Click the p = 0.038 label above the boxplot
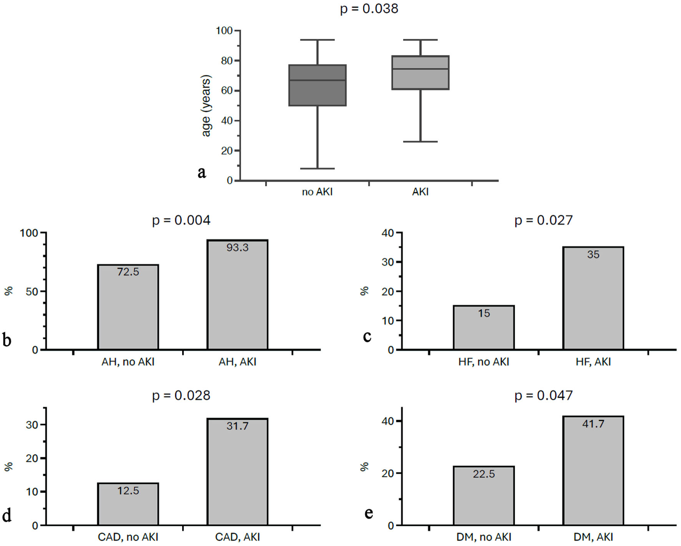pyautogui.click(x=369, y=8)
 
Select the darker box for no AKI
pyautogui.click(x=317, y=92)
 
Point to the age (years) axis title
pyautogui.click(x=206, y=106)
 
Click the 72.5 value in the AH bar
pyautogui.click(x=128, y=272)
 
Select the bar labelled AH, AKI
pyautogui.click(x=238, y=300)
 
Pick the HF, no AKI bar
pyautogui.click(x=484, y=330)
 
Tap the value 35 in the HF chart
pyautogui.click(x=593, y=254)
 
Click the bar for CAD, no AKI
pyautogui.click(x=128, y=507)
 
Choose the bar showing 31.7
pyautogui.click(x=238, y=476)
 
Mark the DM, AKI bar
pyautogui.click(x=593, y=476)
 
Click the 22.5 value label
pyautogui.click(x=484, y=474)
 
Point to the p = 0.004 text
pyautogui.click(x=181, y=220)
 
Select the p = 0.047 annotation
pyautogui.click(x=543, y=395)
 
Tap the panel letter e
pyautogui.click(x=368, y=513)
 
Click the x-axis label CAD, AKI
pyautogui.click(x=238, y=537)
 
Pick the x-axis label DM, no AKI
pyautogui.click(x=484, y=537)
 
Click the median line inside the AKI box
pyautogui.click(x=420, y=69)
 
